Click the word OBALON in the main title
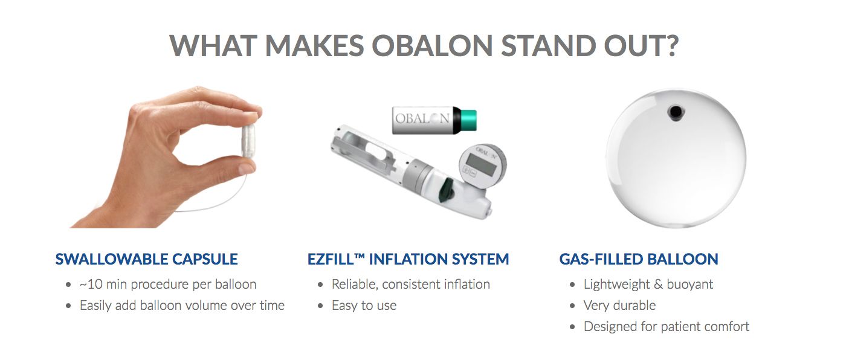tap(433, 46)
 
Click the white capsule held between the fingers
tap(249, 140)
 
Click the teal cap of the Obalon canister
tap(469, 120)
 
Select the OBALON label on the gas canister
tap(422, 119)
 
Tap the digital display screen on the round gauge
tap(481, 164)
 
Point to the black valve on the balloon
tap(676, 112)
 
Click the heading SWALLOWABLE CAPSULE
tap(146, 259)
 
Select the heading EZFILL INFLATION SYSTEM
tap(408, 259)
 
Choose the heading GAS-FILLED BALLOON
tap(639, 259)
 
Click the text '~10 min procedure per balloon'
tap(168, 284)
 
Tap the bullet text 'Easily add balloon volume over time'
tap(182, 305)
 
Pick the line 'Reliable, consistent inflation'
tap(410, 284)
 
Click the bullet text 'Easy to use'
tap(364, 305)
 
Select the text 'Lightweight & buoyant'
tap(648, 284)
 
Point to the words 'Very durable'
tap(619, 305)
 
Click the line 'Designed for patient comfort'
tap(666, 326)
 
